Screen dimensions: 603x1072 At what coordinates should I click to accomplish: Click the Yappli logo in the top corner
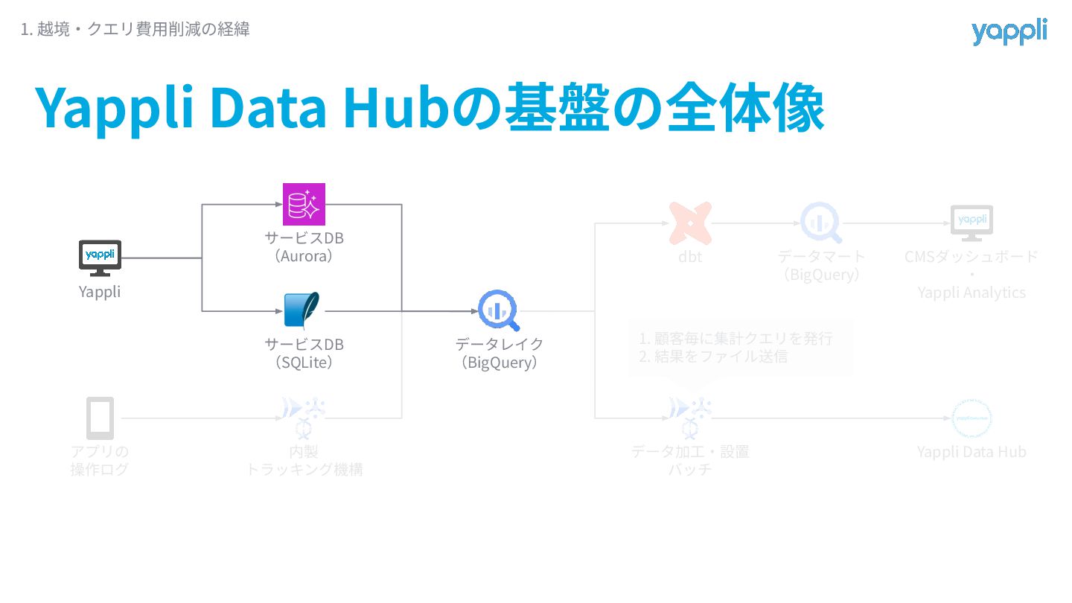(x=1009, y=32)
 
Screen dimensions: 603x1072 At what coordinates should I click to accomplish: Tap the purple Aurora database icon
(x=304, y=204)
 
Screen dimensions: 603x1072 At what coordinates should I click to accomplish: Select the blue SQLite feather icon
(x=302, y=310)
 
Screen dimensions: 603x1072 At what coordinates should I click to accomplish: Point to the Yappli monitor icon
(x=100, y=258)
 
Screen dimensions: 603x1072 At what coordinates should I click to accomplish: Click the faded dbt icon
(x=690, y=223)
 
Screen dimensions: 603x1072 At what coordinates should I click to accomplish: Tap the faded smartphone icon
(x=100, y=418)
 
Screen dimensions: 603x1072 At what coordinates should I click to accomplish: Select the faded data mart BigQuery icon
(x=820, y=223)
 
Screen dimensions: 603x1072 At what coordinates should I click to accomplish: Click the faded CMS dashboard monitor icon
(x=971, y=223)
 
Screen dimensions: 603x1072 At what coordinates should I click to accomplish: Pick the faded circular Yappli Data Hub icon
(x=971, y=418)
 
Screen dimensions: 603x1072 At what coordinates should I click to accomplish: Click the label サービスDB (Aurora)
(x=304, y=247)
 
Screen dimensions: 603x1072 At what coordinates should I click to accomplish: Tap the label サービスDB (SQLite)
(x=304, y=354)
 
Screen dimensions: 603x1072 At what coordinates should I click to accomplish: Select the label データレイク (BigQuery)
(x=499, y=354)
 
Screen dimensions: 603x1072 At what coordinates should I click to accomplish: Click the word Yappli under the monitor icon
(x=100, y=292)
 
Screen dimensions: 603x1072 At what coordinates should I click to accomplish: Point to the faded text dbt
(x=690, y=258)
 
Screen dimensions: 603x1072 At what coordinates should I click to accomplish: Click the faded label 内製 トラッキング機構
(x=304, y=460)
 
